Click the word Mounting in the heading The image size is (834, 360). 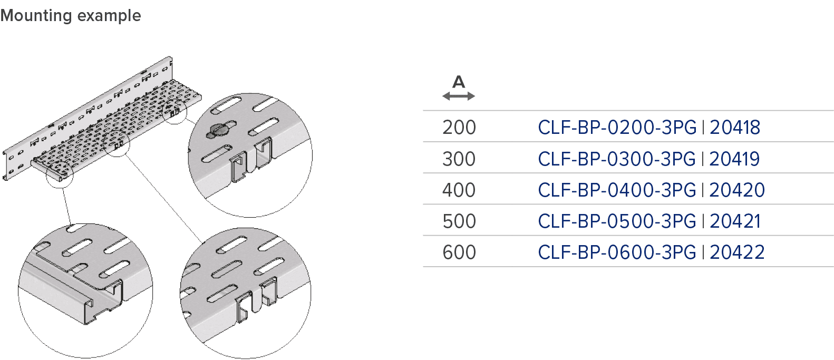(x=36, y=15)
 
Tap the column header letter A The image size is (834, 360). (x=459, y=82)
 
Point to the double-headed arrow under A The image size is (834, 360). (x=459, y=96)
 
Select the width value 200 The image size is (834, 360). (x=459, y=128)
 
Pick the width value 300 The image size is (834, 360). (x=459, y=159)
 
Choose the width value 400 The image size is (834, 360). (x=459, y=190)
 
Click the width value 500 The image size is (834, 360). (x=459, y=221)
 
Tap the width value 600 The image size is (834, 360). (x=459, y=252)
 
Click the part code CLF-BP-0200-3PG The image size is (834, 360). (x=617, y=128)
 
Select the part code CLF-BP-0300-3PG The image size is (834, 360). (x=617, y=159)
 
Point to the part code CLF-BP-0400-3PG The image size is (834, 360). (x=617, y=190)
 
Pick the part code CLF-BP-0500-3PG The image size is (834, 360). (x=617, y=221)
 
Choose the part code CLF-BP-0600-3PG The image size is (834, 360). (x=617, y=252)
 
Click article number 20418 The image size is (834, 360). (x=734, y=128)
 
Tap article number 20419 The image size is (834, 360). (x=734, y=159)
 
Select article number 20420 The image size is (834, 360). (x=736, y=190)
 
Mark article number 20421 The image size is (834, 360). (x=734, y=221)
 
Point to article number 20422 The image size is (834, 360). (x=736, y=252)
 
